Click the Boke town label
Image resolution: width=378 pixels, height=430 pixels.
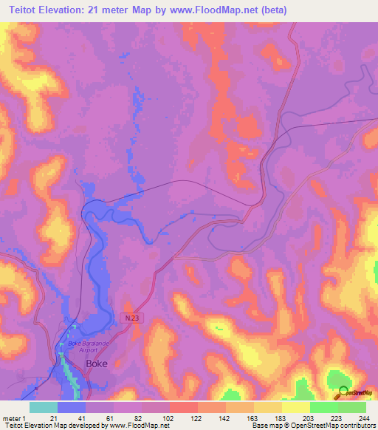click(x=97, y=364)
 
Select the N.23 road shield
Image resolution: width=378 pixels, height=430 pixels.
click(x=131, y=315)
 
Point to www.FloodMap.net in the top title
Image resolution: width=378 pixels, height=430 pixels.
click(x=216, y=10)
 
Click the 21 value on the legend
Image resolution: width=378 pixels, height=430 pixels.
click(x=54, y=418)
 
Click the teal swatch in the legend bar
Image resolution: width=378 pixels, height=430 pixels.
click(x=43, y=407)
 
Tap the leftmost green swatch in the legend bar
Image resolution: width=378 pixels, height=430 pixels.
click(x=323, y=407)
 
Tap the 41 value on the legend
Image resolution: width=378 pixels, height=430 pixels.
click(x=82, y=418)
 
